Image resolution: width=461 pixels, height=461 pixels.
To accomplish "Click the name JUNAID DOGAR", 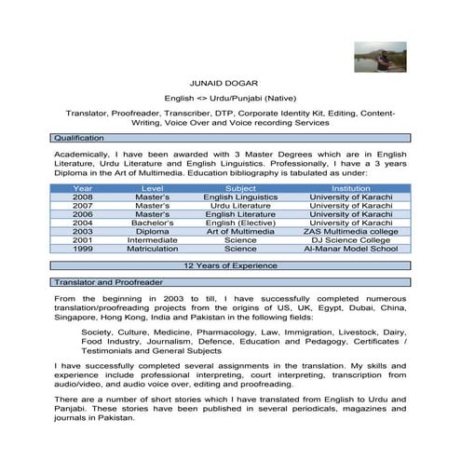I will pyautogui.click(x=230, y=82).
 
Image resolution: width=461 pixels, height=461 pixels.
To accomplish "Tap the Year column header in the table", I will pyautogui.click(x=82, y=189).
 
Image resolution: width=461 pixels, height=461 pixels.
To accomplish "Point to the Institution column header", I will pyautogui.click(x=350, y=189).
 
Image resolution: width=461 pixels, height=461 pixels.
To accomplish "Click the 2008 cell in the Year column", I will pyautogui.click(x=82, y=197).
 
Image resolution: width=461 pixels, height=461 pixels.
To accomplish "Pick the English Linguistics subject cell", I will pyautogui.click(x=241, y=197).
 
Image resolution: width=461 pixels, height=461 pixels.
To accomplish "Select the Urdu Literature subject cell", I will pyautogui.click(x=241, y=206).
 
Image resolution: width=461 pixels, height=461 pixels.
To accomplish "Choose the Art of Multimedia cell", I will pyautogui.click(x=240, y=232).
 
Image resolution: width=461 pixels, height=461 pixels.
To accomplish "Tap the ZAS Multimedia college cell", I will pyautogui.click(x=350, y=232).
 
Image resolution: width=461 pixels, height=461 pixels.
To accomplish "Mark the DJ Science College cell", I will pyautogui.click(x=350, y=240).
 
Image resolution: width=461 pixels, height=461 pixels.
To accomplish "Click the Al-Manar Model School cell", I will pyautogui.click(x=350, y=249).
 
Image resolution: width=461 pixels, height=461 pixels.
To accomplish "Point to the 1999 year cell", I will pyautogui.click(x=82, y=249).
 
